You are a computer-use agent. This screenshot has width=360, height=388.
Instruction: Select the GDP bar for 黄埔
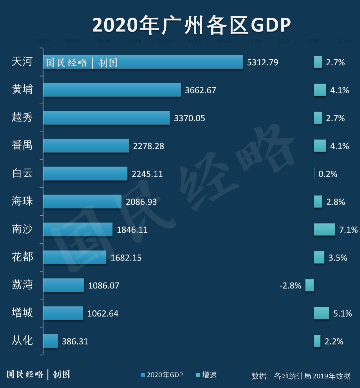click(x=112, y=90)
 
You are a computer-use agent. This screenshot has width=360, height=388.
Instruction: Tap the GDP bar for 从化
click(x=50, y=341)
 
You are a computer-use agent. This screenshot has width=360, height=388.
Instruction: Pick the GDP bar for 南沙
click(x=78, y=229)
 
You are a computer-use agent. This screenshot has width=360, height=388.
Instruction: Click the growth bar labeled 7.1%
click(x=324, y=229)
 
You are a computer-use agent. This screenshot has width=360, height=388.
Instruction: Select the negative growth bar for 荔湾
click(x=310, y=285)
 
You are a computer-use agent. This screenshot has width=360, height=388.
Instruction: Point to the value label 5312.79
click(x=262, y=63)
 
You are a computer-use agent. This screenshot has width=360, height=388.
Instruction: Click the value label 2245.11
click(x=147, y=174)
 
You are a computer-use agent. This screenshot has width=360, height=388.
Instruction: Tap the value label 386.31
click(x=75, y=341)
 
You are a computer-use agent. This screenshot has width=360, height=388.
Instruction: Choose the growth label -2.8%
click(x=290, y=286)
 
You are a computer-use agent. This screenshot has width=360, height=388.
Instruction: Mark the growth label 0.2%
click(x=328, y=174)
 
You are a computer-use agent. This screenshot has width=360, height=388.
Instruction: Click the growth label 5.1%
click(x=343, y=313)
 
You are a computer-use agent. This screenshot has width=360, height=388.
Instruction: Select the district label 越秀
click(x=22, y=117)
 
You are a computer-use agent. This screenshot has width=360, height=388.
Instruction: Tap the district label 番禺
click(x=22, y=145)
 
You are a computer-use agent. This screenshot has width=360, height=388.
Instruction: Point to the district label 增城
click(x=22, y=313)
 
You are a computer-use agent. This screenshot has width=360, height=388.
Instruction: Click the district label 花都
click(x=22, y=257)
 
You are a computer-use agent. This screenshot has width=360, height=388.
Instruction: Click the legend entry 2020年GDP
click(x=162, y=375)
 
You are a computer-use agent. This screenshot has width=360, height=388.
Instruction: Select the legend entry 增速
click(x=206, y=375)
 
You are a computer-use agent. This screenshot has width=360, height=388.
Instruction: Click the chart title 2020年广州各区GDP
click(x=192, y=25)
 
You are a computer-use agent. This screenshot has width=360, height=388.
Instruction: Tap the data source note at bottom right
click(x=301, y=376)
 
